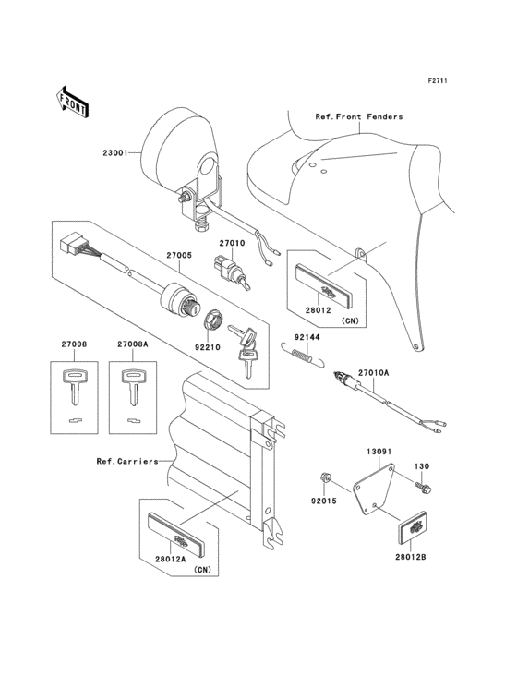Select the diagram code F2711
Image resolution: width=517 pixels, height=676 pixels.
point(437,81)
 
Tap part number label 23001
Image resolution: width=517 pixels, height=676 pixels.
point(115,152)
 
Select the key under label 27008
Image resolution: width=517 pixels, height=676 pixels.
point(75,387)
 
